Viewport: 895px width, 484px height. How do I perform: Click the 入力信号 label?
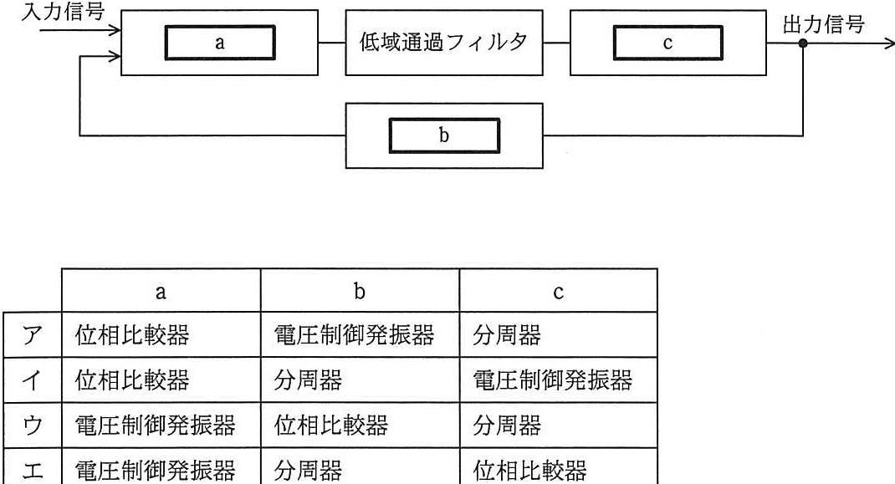[x=63, y=11]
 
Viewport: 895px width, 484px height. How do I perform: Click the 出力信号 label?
[x=823, y=24]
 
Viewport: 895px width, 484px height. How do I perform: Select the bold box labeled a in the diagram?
[x=220, y=43]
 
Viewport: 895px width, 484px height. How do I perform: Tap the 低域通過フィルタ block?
[x=443, y=43]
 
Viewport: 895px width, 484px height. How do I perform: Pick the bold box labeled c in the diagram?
[x=667, y=43]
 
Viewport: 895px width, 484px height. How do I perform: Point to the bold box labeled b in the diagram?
[x=444, y=136]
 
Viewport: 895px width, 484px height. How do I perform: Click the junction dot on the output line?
[x=802, y=43]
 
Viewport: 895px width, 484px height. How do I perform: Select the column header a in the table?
[x=161, y=292]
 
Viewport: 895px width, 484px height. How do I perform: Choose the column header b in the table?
[x=359, y=291]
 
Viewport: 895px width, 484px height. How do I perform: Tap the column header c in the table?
[x=558, y=293]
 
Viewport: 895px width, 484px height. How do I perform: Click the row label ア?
[x=33, y=335]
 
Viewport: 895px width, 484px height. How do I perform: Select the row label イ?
[x=33, y=380]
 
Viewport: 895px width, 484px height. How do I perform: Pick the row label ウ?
[x=33, y=425]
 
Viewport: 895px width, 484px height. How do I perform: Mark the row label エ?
[x=33, y=471]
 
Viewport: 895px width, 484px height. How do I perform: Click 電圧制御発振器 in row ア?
[x=354, y=335]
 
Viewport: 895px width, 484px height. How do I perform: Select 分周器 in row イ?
[x=308, y=380]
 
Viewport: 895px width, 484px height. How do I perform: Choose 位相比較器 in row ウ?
[x=331, y=425]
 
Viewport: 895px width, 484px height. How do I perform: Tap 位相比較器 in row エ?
[x=529, y=471]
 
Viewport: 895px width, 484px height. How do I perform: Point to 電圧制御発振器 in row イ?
[x=553, y=380]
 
